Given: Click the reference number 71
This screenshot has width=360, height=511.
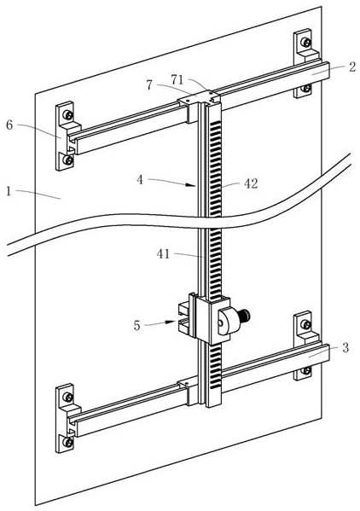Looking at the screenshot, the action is (177, 79).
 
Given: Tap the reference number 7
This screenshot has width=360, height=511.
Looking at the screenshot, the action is (149, 85).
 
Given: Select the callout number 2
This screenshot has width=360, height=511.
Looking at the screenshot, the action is (352, 67).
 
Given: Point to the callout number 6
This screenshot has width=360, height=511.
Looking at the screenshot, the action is (9, 125).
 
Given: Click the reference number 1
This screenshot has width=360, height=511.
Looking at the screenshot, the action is (9, 191).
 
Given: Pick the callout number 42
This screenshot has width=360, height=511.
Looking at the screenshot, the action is (251, 183).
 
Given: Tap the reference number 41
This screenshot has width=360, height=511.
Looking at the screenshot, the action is (163, 254).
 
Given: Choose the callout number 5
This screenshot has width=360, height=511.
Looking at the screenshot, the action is (136, 325).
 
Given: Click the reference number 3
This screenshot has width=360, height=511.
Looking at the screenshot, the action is (345, 347).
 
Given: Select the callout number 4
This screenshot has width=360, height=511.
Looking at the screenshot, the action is (140, 179).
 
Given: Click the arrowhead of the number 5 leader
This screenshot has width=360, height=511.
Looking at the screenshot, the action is (171, 322).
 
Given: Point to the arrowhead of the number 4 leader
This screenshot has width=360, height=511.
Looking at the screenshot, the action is (190, 185).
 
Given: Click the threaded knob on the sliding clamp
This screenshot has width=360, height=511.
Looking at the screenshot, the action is (246, 316).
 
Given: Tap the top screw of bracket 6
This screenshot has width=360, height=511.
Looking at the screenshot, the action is (68, 114).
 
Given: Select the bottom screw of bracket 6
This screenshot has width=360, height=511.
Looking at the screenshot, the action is (67, 160).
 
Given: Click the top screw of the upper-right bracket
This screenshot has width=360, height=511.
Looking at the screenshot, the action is (305, 42).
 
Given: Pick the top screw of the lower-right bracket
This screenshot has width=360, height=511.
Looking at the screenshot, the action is (305, 324).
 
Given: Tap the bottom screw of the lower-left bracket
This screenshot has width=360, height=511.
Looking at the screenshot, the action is (67, 442).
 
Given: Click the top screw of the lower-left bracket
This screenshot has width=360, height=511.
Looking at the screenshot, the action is (68, 397).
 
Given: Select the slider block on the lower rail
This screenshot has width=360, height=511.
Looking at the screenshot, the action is (189, 390).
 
